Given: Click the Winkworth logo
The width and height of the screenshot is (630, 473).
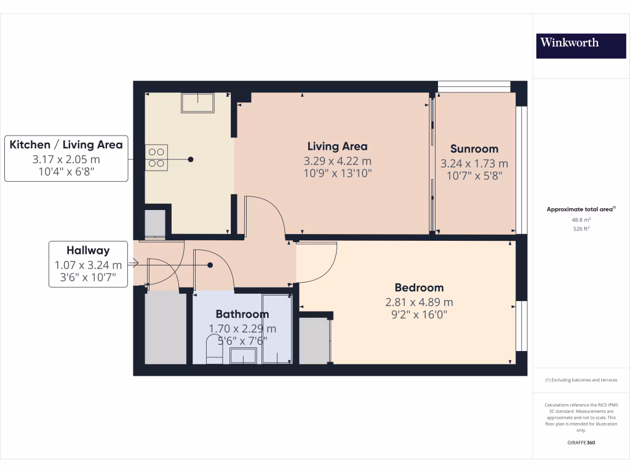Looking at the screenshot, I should [569, 42].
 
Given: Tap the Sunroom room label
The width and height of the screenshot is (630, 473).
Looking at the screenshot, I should [474, 148].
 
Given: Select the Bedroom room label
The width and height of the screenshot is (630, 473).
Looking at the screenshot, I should [419, 288].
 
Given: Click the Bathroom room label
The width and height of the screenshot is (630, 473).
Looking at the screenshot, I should [242, 314].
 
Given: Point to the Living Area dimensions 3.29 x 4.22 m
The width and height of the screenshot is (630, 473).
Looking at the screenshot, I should [337, 161].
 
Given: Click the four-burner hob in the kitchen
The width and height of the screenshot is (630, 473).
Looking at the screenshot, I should [156, 157].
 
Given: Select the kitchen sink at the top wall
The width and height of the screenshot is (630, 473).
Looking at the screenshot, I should [197, 103].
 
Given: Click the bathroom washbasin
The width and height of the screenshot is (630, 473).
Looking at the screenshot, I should [244, 355].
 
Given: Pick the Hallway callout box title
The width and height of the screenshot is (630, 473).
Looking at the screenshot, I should [88, 251].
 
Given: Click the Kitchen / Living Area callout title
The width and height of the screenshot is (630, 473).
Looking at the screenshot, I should [66, 145].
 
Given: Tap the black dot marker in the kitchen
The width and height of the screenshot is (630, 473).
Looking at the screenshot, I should [191, 160].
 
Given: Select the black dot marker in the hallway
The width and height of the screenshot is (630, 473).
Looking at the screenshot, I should [210, 265].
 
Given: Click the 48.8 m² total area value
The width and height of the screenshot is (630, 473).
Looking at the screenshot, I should [581, 219].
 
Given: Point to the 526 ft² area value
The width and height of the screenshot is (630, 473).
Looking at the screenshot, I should [581, 228].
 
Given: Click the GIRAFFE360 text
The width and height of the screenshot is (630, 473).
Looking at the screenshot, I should [581, 443].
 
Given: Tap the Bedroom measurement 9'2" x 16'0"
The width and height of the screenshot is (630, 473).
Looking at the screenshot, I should [419, 315].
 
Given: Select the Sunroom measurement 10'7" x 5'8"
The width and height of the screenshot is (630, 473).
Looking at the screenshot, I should [474, 176].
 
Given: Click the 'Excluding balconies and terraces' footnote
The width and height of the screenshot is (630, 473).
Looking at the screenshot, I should [581, 380].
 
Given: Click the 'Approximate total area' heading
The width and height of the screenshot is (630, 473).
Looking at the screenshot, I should [580, 209].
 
